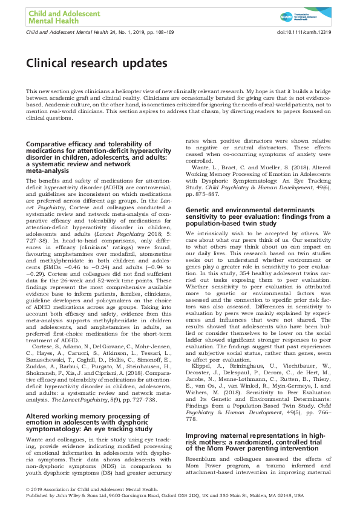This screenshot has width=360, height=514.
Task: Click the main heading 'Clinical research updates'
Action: point(96,63)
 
